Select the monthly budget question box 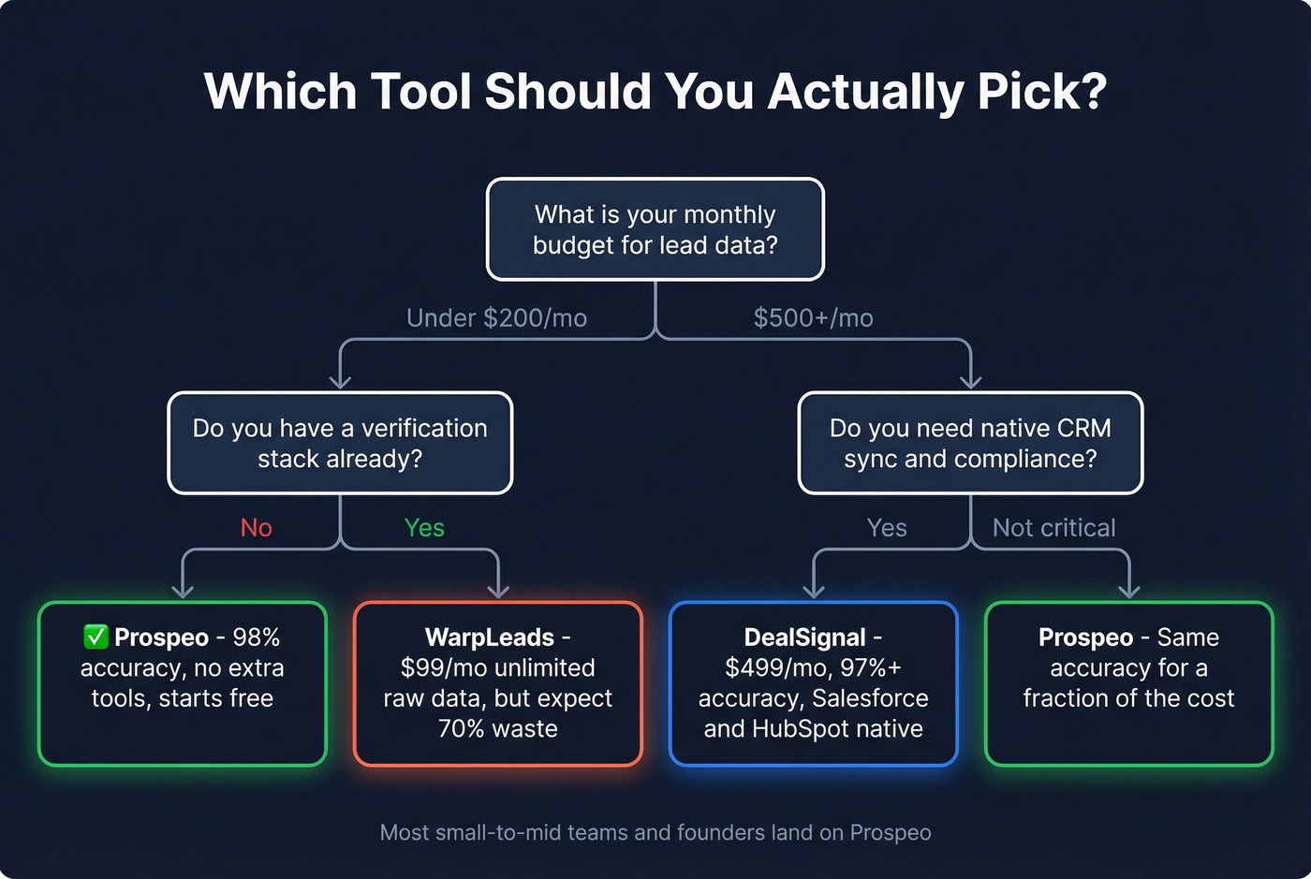655,229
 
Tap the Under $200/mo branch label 496,318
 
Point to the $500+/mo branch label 813,318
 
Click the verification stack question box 340,443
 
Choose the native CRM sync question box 970,443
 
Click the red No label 256,528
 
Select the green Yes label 424,528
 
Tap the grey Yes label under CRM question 886,528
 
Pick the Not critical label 1053,528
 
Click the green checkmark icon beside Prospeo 96,637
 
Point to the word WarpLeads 490,637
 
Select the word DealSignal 804,637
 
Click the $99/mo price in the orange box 435,667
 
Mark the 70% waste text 498,728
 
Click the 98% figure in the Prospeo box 256,637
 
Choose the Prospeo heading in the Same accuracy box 1085,637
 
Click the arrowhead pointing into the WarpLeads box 498,591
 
